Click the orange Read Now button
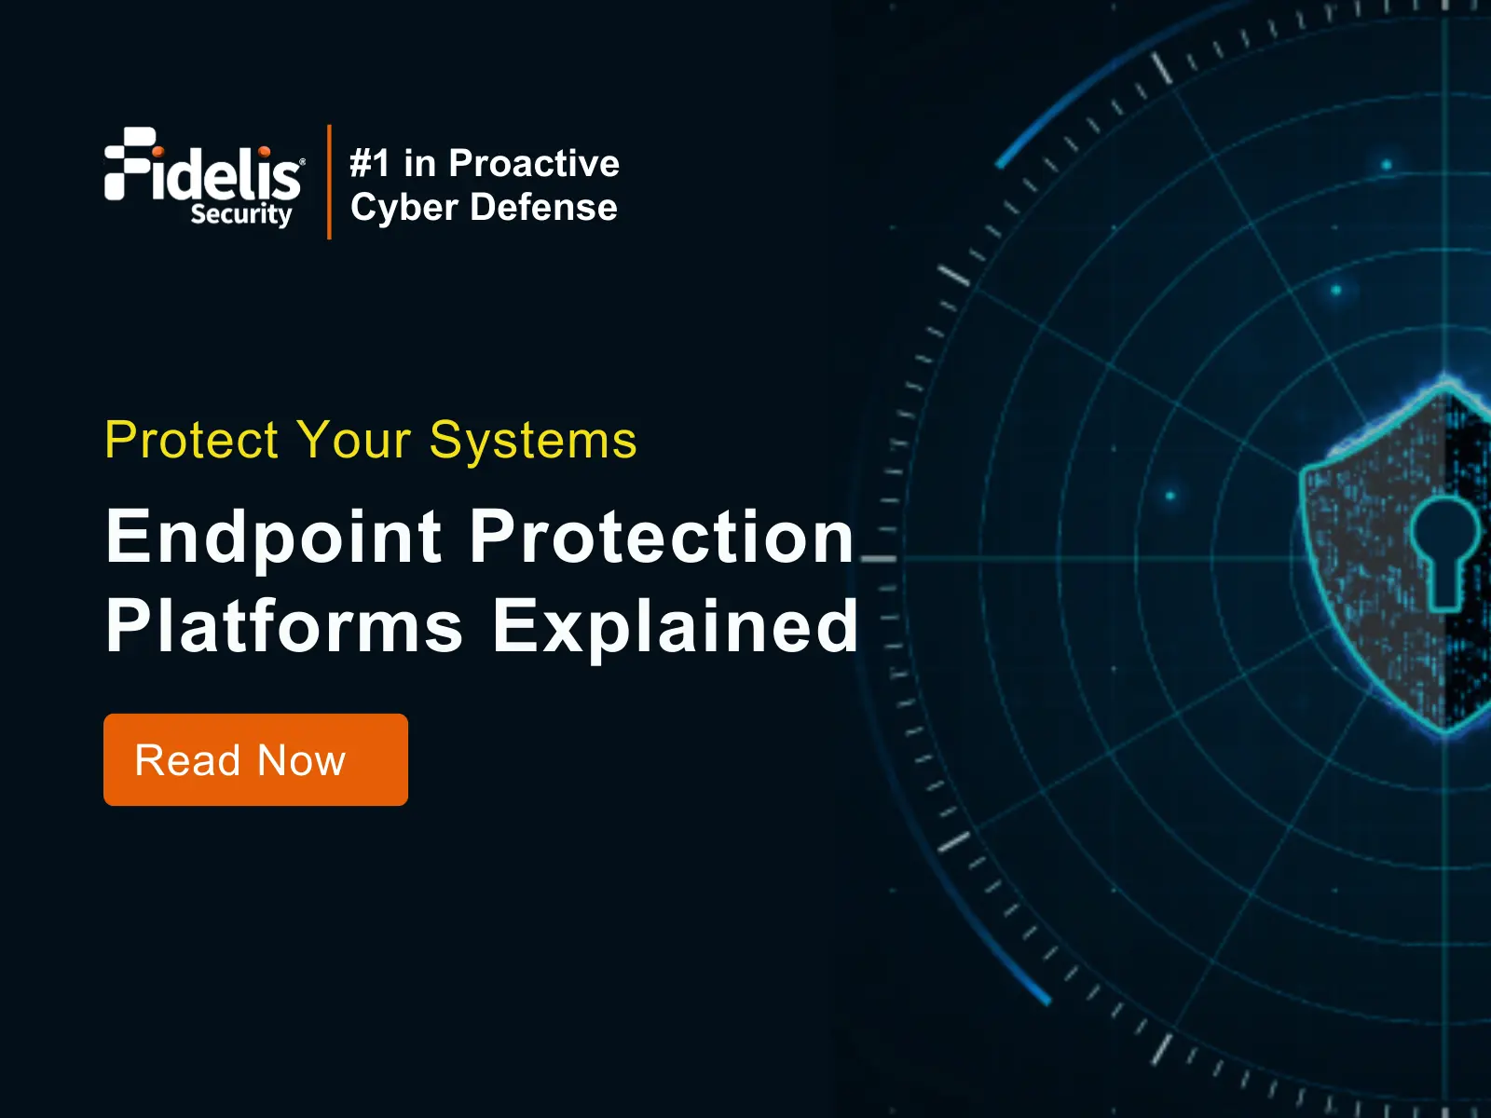(255, 759)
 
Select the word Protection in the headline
(662, 537)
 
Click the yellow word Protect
(192, 440)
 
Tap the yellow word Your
(353, 440)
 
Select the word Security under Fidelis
(241, 214)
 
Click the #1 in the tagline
(370, 164)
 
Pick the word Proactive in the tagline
(534, 164)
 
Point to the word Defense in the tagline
(543, 207)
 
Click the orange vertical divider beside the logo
(330, 182)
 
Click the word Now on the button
(301, 760)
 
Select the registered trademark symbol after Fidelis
(302, 161)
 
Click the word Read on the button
(187, 760)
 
